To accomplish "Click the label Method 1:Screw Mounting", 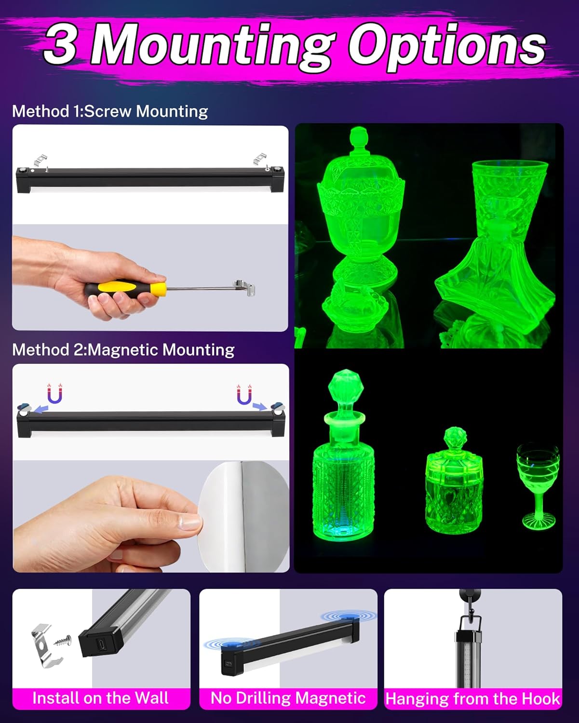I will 110,111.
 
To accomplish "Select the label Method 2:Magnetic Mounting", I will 123,349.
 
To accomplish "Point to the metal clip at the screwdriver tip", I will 245,289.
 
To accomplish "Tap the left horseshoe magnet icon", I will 54,394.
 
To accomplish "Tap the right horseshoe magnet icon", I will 244,395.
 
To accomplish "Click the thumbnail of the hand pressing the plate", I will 151,516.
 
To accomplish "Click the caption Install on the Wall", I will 100,698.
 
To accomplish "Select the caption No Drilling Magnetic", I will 288,698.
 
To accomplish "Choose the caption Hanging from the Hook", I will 472,698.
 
